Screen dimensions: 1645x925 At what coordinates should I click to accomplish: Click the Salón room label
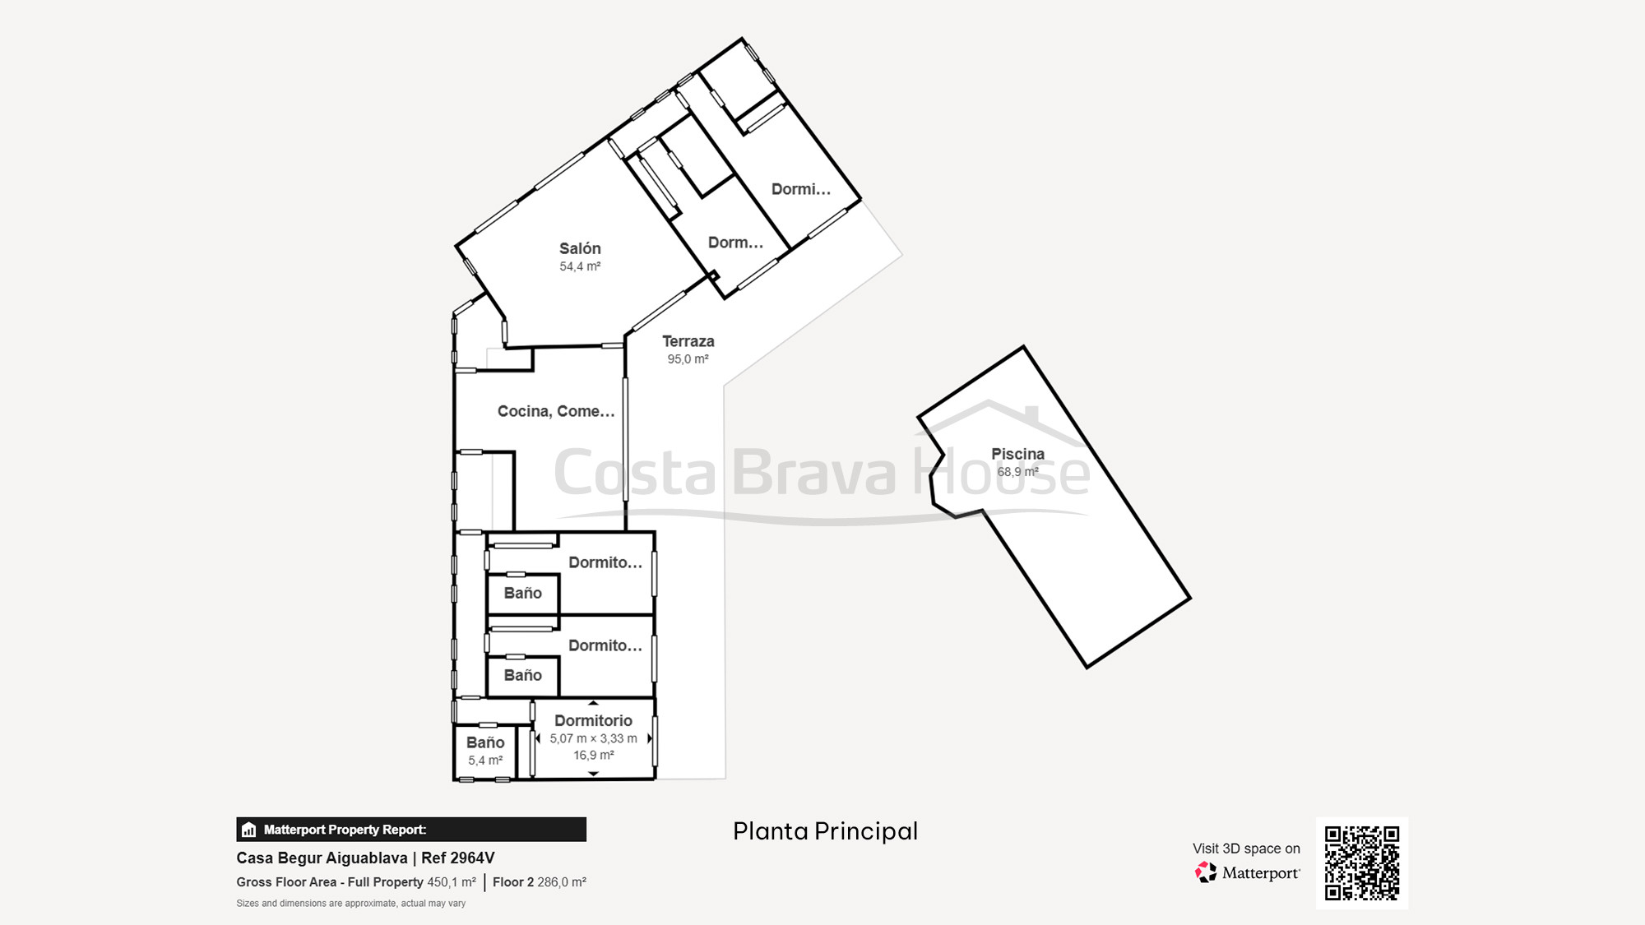coord(580,248)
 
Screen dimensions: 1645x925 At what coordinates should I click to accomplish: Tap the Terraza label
coord(688,341)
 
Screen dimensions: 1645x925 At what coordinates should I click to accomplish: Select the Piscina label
coord(1017,454)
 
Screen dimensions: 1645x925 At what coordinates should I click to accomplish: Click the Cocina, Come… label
coord(556,411)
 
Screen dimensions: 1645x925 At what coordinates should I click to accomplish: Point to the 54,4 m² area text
coord(580,266)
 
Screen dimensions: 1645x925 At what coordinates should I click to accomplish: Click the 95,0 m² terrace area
coord(688,359)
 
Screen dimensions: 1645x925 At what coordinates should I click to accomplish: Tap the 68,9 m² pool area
coord(1017,472)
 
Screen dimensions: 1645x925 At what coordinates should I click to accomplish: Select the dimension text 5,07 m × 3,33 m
coord(594,738)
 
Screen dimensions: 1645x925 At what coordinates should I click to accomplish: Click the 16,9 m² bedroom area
coord(594,755)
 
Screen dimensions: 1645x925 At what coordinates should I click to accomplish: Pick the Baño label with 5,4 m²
coord(485,742)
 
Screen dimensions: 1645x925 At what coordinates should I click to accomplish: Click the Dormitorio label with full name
coord(593,720)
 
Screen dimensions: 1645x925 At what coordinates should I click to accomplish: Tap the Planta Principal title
coord(825,831)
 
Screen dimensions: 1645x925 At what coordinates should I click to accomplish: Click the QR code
coord(1362,863)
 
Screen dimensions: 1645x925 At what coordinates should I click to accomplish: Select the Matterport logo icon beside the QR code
coord(1206,872)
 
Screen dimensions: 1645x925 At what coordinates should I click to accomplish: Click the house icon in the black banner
coord(249,830)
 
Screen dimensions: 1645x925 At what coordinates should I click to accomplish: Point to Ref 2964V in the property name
coord(458,858)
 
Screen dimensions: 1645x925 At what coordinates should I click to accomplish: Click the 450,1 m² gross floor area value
coord(452,882)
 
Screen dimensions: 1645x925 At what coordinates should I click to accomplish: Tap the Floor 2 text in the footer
coord(513,882)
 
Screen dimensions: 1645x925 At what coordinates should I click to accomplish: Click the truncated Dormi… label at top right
coord(800,189)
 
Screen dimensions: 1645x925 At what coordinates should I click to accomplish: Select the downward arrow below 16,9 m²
coord(594,775)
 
